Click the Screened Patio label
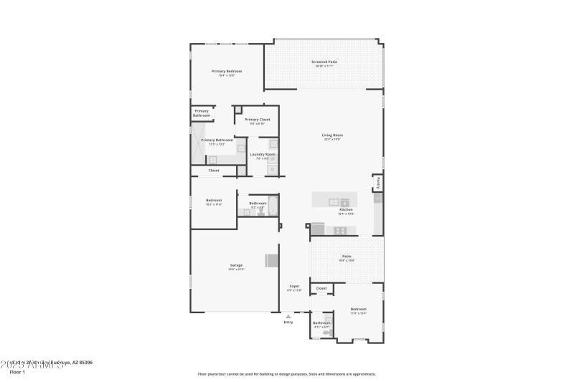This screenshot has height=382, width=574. [324, 62]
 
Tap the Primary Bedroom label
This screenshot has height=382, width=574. [226, 72]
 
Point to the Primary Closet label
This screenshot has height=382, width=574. [257, 120]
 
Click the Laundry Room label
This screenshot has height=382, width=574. [262, 155]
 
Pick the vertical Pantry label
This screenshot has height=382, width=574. [379, 183]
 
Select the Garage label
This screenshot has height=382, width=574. [236, 266]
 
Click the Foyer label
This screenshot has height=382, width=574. [294, 286]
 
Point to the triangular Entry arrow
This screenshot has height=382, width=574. [288, 315]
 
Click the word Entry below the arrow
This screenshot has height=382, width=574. [288, 323]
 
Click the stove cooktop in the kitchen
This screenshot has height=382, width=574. [340, 230]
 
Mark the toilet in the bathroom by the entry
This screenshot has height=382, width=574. [328, 331]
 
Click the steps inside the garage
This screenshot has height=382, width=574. [272, 260]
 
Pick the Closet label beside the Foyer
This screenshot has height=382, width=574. [321, 288]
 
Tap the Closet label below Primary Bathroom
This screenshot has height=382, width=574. [214, 171]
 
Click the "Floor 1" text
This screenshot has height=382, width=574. [17, 372]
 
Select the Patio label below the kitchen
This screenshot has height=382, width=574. [347, 257]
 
